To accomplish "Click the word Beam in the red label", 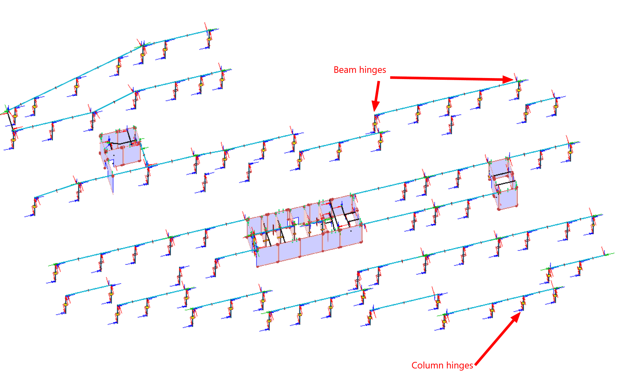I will click(x=345, y=70).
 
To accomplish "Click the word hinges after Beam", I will click(x=372, y=70).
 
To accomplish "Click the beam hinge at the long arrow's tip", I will click(x=518, y=81).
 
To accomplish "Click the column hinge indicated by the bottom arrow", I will click(x=523, y=304).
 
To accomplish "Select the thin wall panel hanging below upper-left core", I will click(x=111, y=180).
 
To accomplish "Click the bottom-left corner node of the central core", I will click(x=257, y=266).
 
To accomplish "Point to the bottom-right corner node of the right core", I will click(x=517, y=205).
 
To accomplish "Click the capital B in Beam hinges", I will click(x=336, y=70).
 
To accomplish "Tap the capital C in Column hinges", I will click(x=414, y=365).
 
